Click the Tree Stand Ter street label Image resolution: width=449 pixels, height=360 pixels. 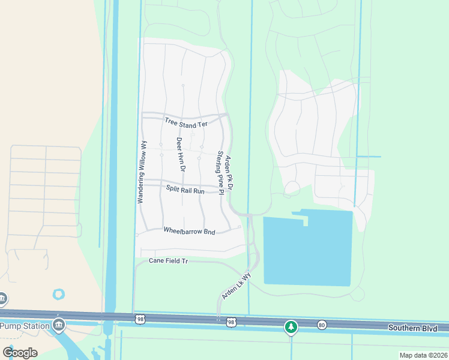pyautogui.click(x=185, y=122)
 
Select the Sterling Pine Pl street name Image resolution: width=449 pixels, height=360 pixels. pyautogui.click(x=219, y=173)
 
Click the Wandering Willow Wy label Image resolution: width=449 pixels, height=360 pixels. pyautogui.click(x=142, y=172)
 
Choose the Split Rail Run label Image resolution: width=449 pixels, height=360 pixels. pyautogui.click(x=185, y=191)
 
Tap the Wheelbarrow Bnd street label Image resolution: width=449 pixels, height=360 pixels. pyautogui.click(x=189, y=231)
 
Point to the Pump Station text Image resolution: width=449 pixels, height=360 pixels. pyautogui.click(x=25, y=326)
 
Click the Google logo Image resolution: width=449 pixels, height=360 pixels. pyautogui.click(x=20, y=353)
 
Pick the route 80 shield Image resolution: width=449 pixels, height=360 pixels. pyautogui.click(x=322, y=325)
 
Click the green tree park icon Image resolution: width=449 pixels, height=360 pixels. pyautogui.click(x=291, y=327)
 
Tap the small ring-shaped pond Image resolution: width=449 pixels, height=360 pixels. pyautogui.click(x=58, y=295)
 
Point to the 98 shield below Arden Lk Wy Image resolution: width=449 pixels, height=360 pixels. pyautogui.click(x=231, y=323)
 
